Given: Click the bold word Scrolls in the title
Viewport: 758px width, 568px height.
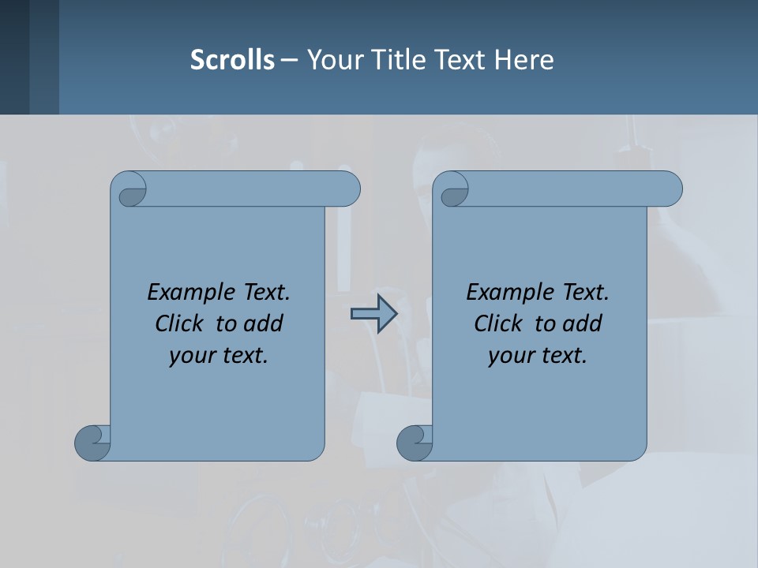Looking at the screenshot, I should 233,60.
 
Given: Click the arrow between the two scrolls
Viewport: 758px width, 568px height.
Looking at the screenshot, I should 373,314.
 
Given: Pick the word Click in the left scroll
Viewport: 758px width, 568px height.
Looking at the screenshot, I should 179,323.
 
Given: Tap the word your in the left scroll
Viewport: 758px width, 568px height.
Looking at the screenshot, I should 191,356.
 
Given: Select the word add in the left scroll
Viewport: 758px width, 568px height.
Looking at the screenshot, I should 264,323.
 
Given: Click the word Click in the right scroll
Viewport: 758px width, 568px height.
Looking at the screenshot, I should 498,323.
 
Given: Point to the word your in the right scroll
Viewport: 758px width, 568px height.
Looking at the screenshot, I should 510,356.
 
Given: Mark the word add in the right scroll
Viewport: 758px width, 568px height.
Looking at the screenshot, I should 583,323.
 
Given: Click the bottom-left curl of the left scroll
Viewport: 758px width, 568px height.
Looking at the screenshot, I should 93,443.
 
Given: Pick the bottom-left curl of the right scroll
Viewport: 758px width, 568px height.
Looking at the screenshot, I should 415,443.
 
